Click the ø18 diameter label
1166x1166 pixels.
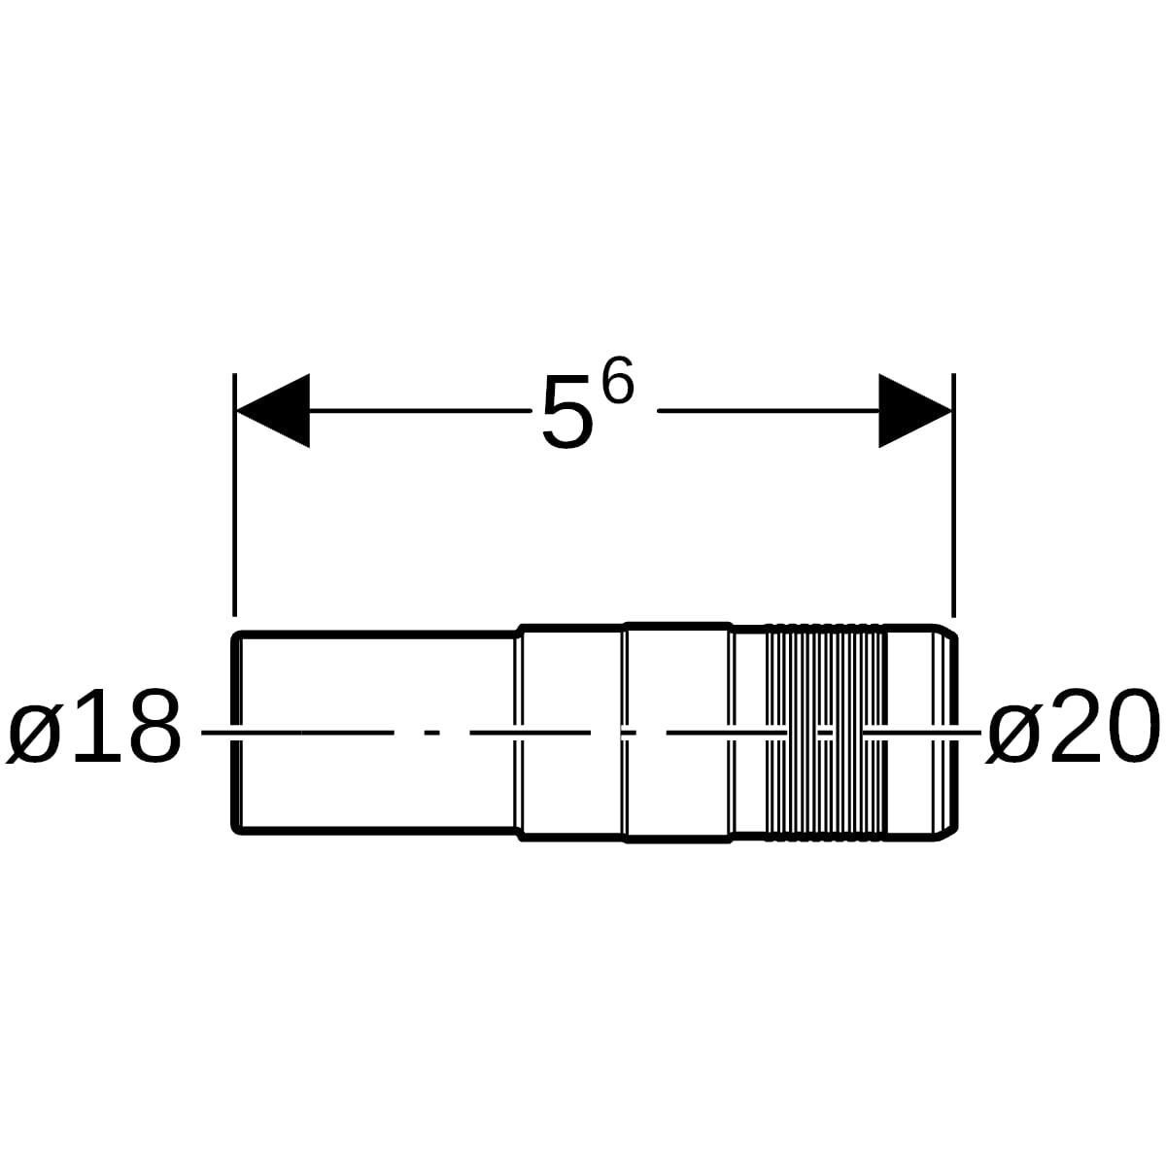coord(94,726)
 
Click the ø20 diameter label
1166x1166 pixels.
coord(1072,726)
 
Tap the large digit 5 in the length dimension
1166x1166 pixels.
coord(566,412)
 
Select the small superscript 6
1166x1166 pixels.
coord(618,380)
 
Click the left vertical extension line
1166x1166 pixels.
coord(235,495)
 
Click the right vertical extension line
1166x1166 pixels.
coord(953,495)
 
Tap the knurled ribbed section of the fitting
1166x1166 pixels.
coord(825,733)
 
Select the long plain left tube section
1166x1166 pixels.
coord(375,733)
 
